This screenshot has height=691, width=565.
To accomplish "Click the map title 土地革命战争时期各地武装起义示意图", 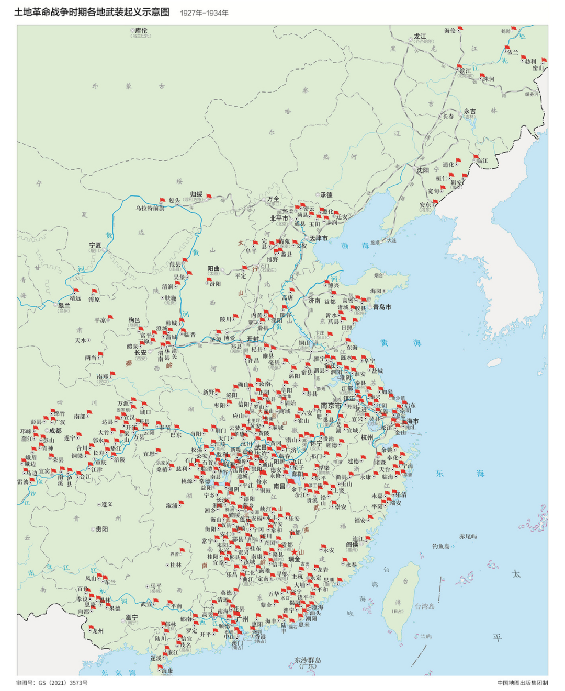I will coord(92,12).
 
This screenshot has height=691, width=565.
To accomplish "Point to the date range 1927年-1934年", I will coord(204,13).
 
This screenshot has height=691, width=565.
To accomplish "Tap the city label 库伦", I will coord(141,31).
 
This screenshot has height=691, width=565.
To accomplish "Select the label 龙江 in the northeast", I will coord(420,37).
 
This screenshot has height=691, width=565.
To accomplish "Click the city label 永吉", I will coord(470,111).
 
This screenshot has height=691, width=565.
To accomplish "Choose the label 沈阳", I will coord(423,170).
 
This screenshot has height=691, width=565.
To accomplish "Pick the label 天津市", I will coord(319,238).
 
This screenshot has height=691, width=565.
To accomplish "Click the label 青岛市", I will coord(382,307).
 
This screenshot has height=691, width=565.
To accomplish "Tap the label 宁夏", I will coord(95,245).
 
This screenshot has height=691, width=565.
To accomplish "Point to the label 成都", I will coord(55,431).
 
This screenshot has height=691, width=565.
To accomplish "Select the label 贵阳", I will coord(102,529).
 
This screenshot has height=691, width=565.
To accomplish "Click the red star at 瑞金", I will coord(294,552).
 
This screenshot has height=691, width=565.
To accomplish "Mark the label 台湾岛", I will coord(425,606).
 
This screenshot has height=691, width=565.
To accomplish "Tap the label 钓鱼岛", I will coord(441,546).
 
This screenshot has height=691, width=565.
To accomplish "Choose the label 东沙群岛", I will coord(307,660).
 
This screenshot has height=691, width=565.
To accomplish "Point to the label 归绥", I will coord(196,194).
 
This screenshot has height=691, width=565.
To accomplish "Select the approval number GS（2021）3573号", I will coord(52,683).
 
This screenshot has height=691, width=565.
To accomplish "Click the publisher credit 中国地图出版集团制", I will coord(522,683).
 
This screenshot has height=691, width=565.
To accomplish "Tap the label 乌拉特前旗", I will coord(150,208).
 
